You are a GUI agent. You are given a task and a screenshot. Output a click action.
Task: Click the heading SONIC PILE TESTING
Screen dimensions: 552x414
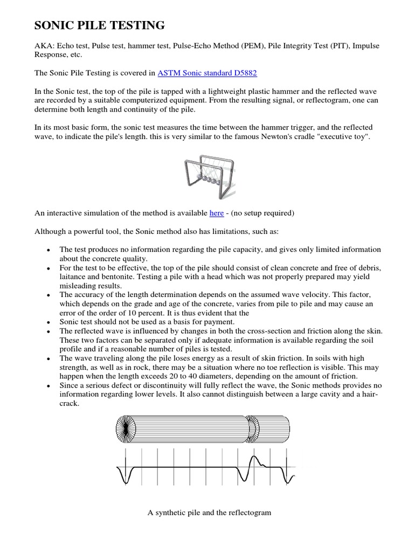click(x=100, y=25)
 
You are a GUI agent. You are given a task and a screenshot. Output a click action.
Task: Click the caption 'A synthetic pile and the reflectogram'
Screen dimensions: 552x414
click(x=209, y=513)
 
